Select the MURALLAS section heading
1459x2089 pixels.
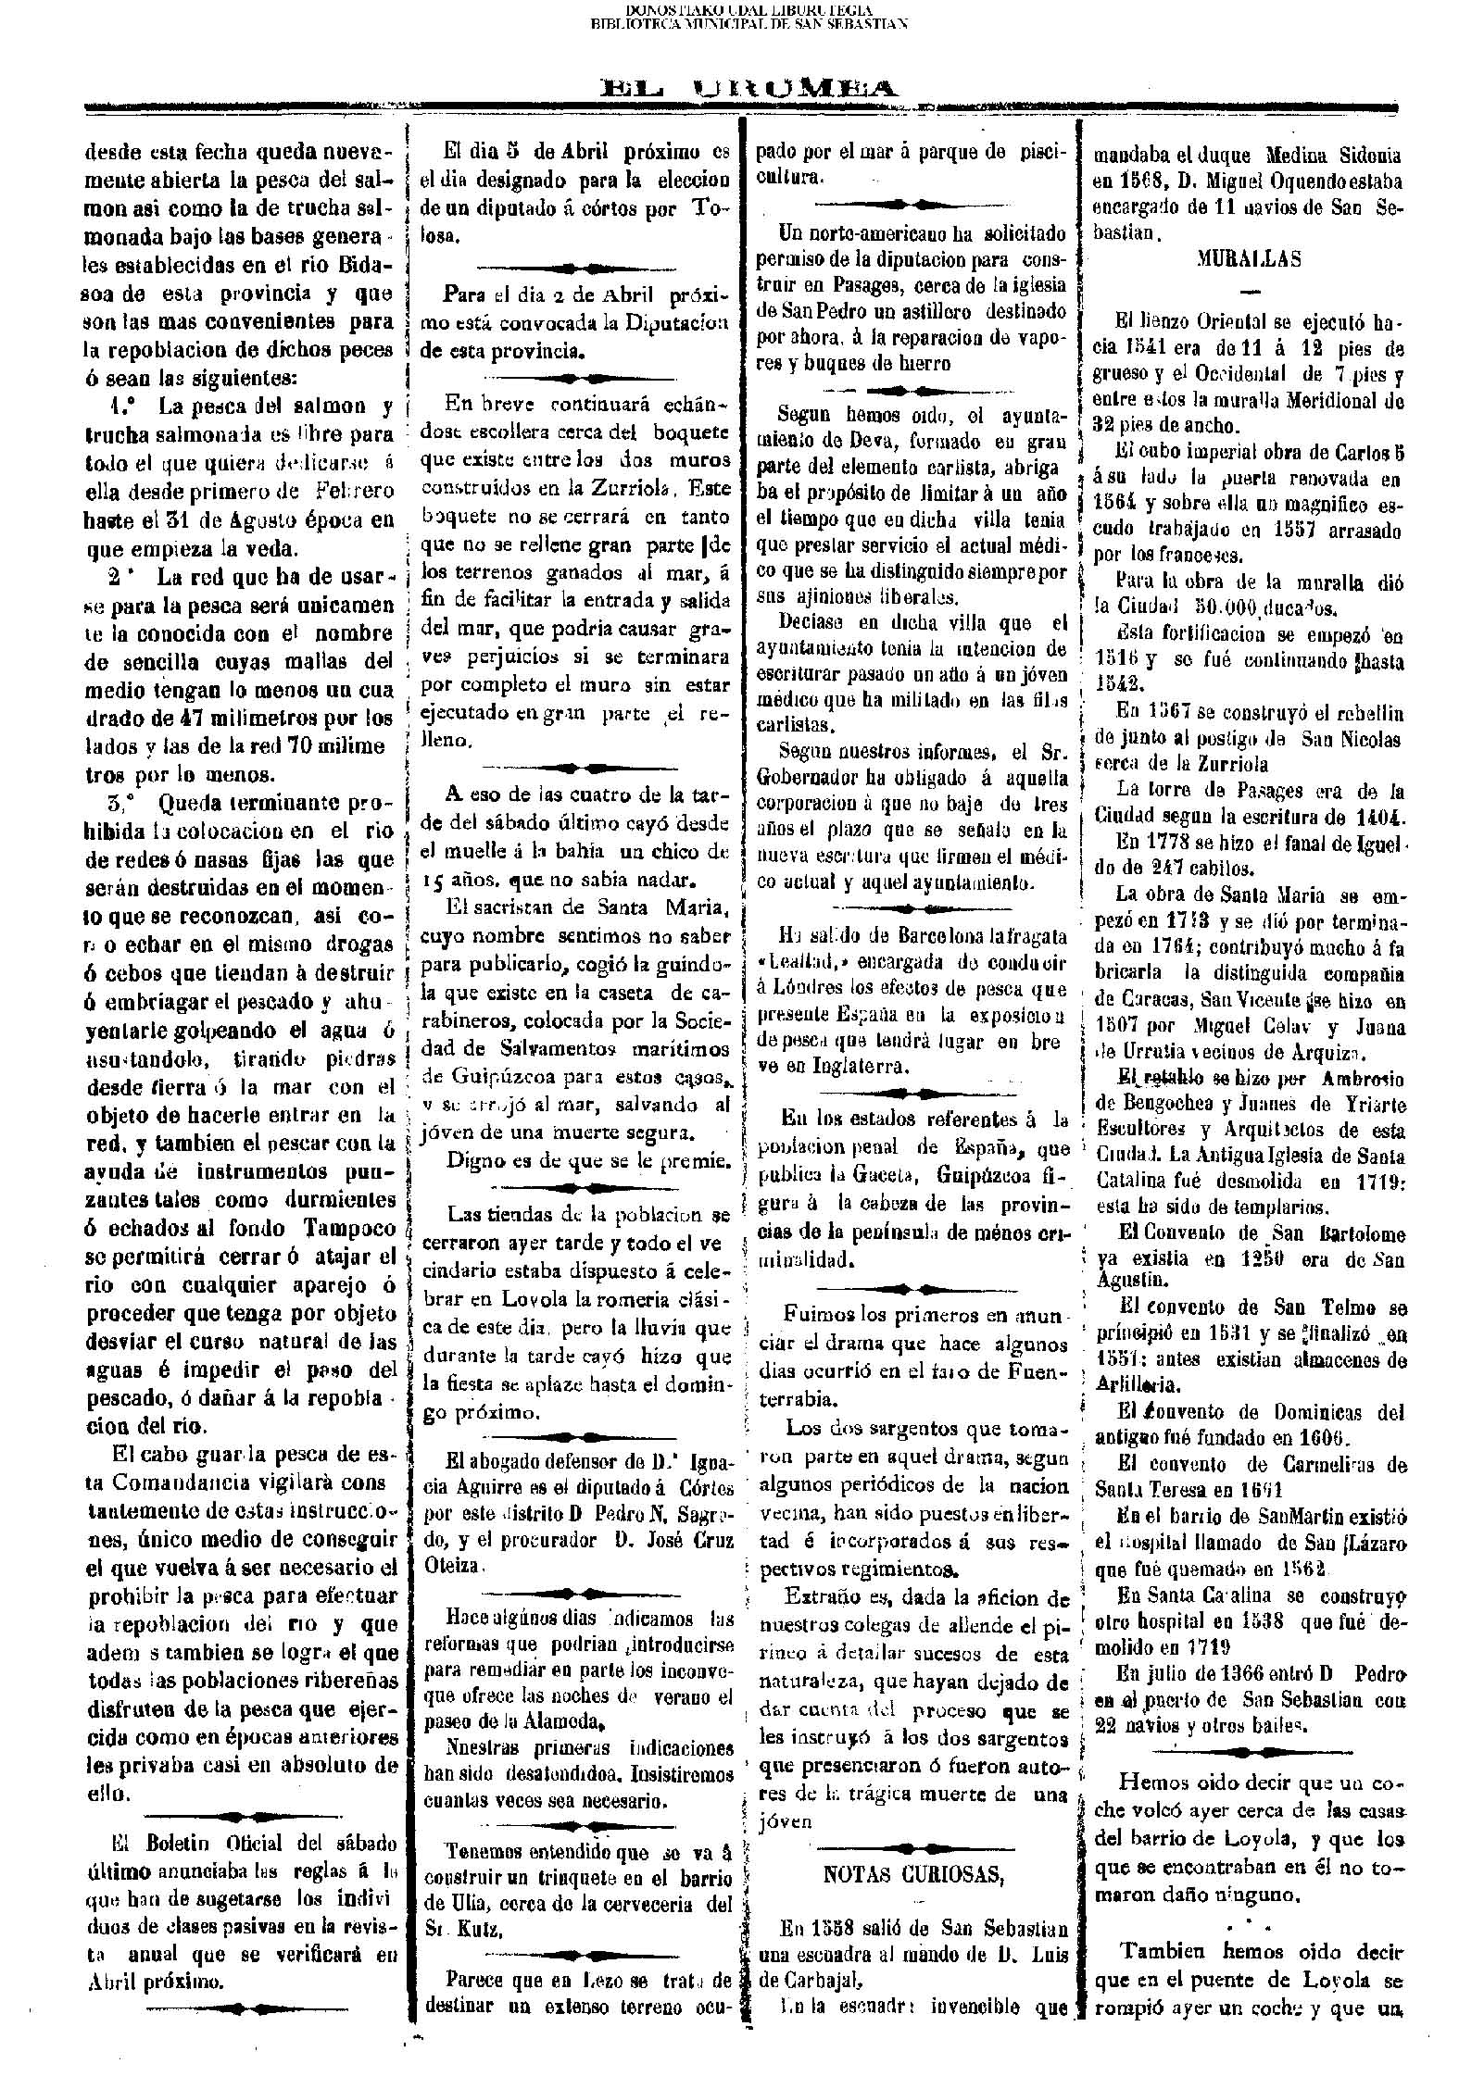[1249, 259]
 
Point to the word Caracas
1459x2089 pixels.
[1145, 1000]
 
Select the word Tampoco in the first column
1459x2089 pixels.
[350, 1228]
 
